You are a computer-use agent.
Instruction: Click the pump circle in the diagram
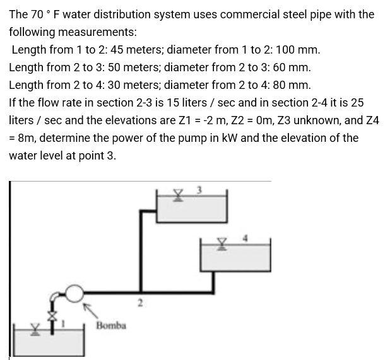click(75, 292)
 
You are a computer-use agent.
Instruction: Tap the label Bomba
click(111, 325)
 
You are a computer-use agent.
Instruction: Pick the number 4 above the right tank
click(247, 237)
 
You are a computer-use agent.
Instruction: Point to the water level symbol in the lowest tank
click(37, 329)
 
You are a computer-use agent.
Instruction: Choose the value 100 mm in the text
click(298, 49)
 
